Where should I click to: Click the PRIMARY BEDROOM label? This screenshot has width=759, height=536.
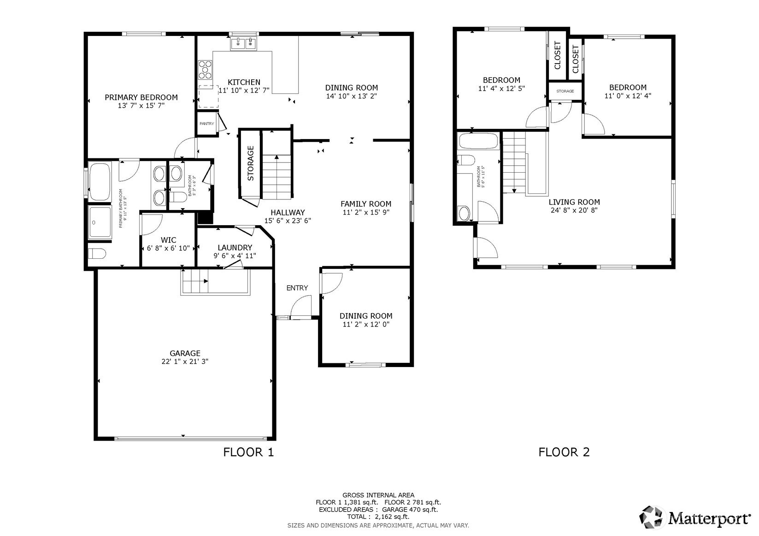(141, 98)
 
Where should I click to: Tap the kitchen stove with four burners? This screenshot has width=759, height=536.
(205, 70)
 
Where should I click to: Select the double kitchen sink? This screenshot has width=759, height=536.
(244, 44)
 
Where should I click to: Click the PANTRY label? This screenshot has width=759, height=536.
(207, 123)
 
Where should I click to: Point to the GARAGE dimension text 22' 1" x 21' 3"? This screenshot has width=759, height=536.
(185, 361)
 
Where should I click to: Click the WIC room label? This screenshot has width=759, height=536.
(168, 240)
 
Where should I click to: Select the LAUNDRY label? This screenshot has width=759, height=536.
(235, 248)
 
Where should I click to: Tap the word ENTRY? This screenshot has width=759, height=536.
(297, 288)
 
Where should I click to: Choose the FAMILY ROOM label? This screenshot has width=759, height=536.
(366, 204)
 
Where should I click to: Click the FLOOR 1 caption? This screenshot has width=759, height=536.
(248, 452)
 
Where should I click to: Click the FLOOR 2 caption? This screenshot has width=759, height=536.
(564, 452)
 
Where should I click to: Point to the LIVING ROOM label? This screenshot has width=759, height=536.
(574, 202)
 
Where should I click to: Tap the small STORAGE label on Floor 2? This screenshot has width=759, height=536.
(565, 91)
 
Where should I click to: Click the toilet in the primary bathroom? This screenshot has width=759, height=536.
(97, 253)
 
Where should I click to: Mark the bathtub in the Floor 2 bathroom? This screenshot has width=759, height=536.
(478, 141)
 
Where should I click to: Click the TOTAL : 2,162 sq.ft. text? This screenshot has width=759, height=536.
(378, 517)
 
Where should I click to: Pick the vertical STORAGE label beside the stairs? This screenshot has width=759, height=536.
(250, 163)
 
